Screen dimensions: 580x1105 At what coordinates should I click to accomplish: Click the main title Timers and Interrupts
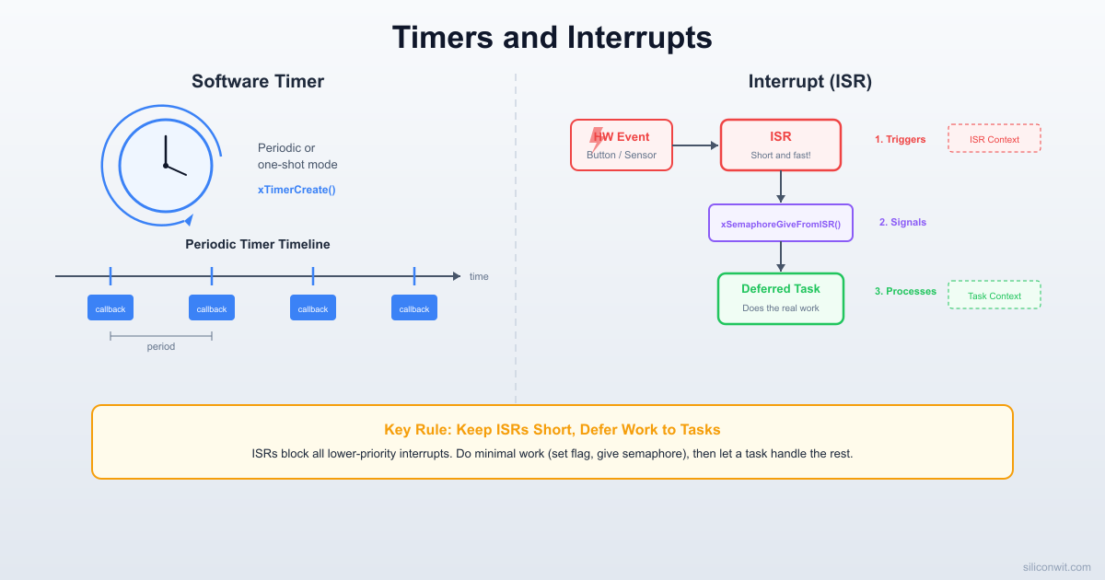pos(552,38)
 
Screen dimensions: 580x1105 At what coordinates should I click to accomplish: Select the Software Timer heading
pos(258,81)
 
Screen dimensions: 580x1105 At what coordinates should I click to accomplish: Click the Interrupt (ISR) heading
pos(809,81)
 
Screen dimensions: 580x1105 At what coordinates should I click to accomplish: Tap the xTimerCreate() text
pos(297,190)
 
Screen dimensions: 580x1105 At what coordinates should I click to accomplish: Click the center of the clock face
pos(166,166)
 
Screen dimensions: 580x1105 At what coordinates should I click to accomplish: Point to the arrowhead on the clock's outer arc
pos(189,220)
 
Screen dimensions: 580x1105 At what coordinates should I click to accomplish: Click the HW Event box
pos(622,145)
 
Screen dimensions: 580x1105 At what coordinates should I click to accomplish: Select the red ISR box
pos(780,145)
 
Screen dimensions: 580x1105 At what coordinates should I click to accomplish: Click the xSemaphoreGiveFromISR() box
pos(780,224)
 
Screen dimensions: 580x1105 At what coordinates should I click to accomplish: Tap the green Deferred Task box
pos(780,298)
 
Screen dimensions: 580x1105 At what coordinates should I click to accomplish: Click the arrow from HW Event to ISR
pos(695,145)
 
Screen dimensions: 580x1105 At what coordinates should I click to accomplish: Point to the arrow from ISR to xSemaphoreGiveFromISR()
pos(781,187)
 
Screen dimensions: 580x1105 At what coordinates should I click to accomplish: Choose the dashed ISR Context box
pos(994,139)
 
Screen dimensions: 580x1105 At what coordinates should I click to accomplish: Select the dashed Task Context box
pos(994,296)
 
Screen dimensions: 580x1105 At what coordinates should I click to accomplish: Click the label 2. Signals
pos(902,222)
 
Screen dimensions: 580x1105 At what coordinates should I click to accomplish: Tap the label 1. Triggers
pos(900,139)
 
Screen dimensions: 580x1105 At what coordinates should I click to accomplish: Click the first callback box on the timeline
pos(110,308)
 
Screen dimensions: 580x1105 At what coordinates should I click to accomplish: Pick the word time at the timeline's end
pos(479,276)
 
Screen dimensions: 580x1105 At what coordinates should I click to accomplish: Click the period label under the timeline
pos(160,347)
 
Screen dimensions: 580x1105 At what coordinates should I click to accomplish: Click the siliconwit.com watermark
pos(1057,568)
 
